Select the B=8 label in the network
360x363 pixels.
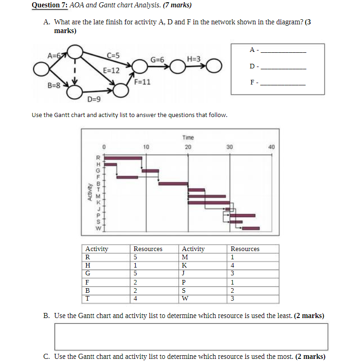point(54,85)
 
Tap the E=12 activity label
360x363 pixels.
point(111,71)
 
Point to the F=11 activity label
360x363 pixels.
point(143,83)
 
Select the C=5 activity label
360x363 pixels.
point(113,56)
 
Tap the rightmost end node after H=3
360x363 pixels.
point(214,66)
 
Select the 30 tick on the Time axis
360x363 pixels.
point(230,147)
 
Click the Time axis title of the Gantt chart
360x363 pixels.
point(188,138)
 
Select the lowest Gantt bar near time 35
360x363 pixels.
point(251,228)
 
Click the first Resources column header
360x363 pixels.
point(148,249)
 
